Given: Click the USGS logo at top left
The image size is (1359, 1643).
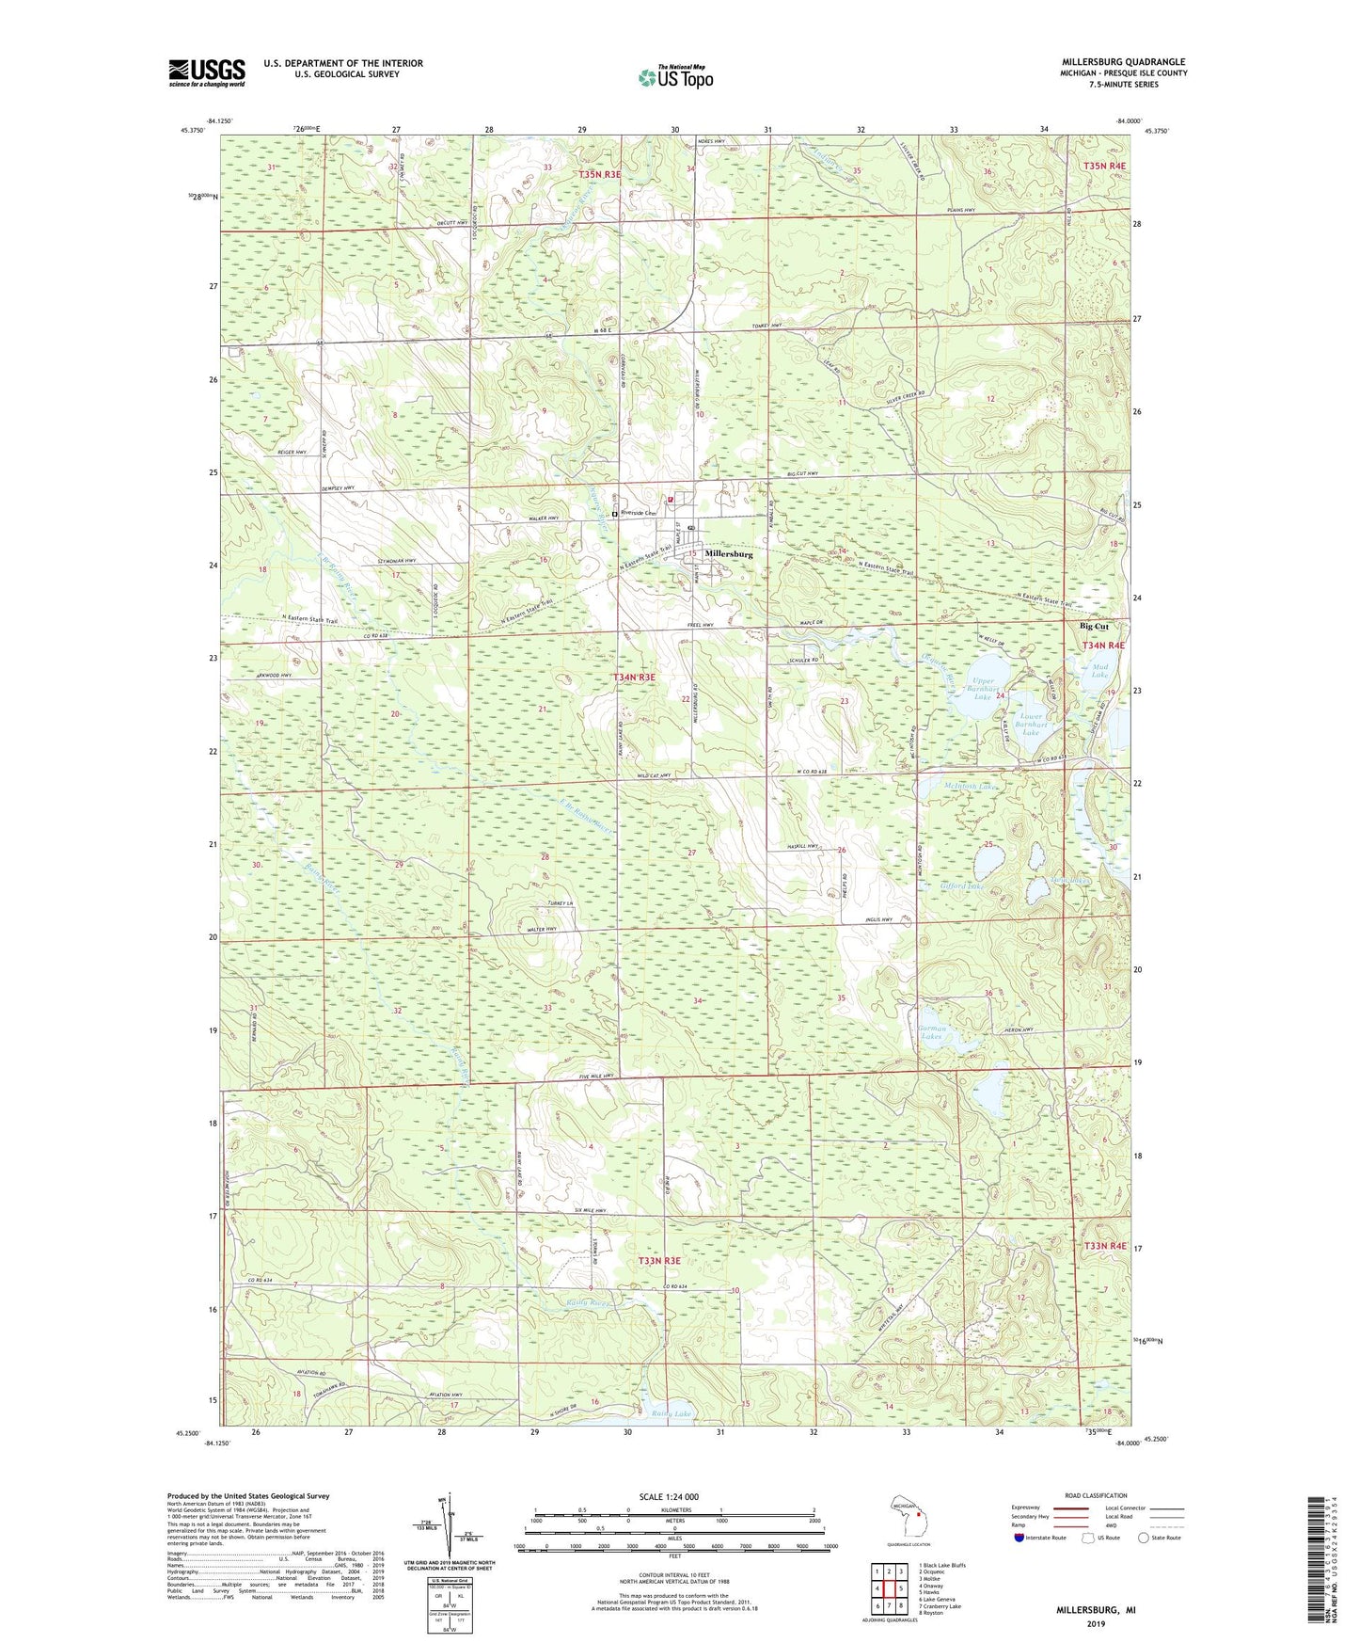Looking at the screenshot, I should pyautogui.click(x=206, y=72).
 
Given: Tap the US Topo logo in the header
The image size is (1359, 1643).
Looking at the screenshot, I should pyautogui.click(x=675, y=77).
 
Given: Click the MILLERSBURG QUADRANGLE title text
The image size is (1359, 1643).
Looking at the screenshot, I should pyautogui.click(x=1122, y=62).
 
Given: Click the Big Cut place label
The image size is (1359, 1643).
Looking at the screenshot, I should pyautogui.click(x=1094, y=627).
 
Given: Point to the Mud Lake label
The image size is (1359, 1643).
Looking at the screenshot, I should pyautogui.click(x=1099, y=671).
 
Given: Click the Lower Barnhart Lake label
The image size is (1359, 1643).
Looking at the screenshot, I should pyautogui.click(x=1023, y=724).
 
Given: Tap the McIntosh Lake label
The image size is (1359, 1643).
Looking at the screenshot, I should pyautogui.click(x=969, y=787).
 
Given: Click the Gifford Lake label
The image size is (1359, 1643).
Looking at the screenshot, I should pyautogui.click(x=961, y=886).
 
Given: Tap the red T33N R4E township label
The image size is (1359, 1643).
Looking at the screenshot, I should pyautogui.click(x=1104, y=1246).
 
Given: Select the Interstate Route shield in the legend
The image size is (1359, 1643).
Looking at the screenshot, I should pyautogui.click(x=1020, y=1539).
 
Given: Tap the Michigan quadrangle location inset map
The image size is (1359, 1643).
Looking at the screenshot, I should pyautogui.click(x=908, y=1518).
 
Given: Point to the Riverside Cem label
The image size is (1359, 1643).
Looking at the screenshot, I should pyautogui.click(x=637, y=515).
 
